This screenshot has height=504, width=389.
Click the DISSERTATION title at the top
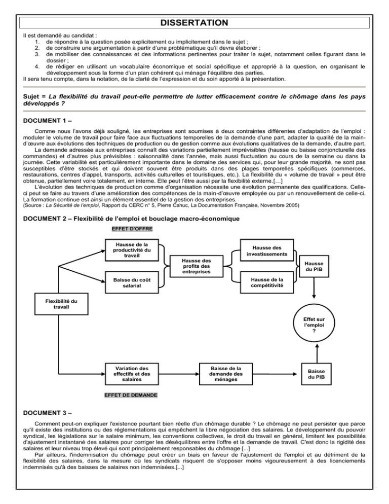194,23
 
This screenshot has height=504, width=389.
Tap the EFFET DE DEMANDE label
131,394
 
